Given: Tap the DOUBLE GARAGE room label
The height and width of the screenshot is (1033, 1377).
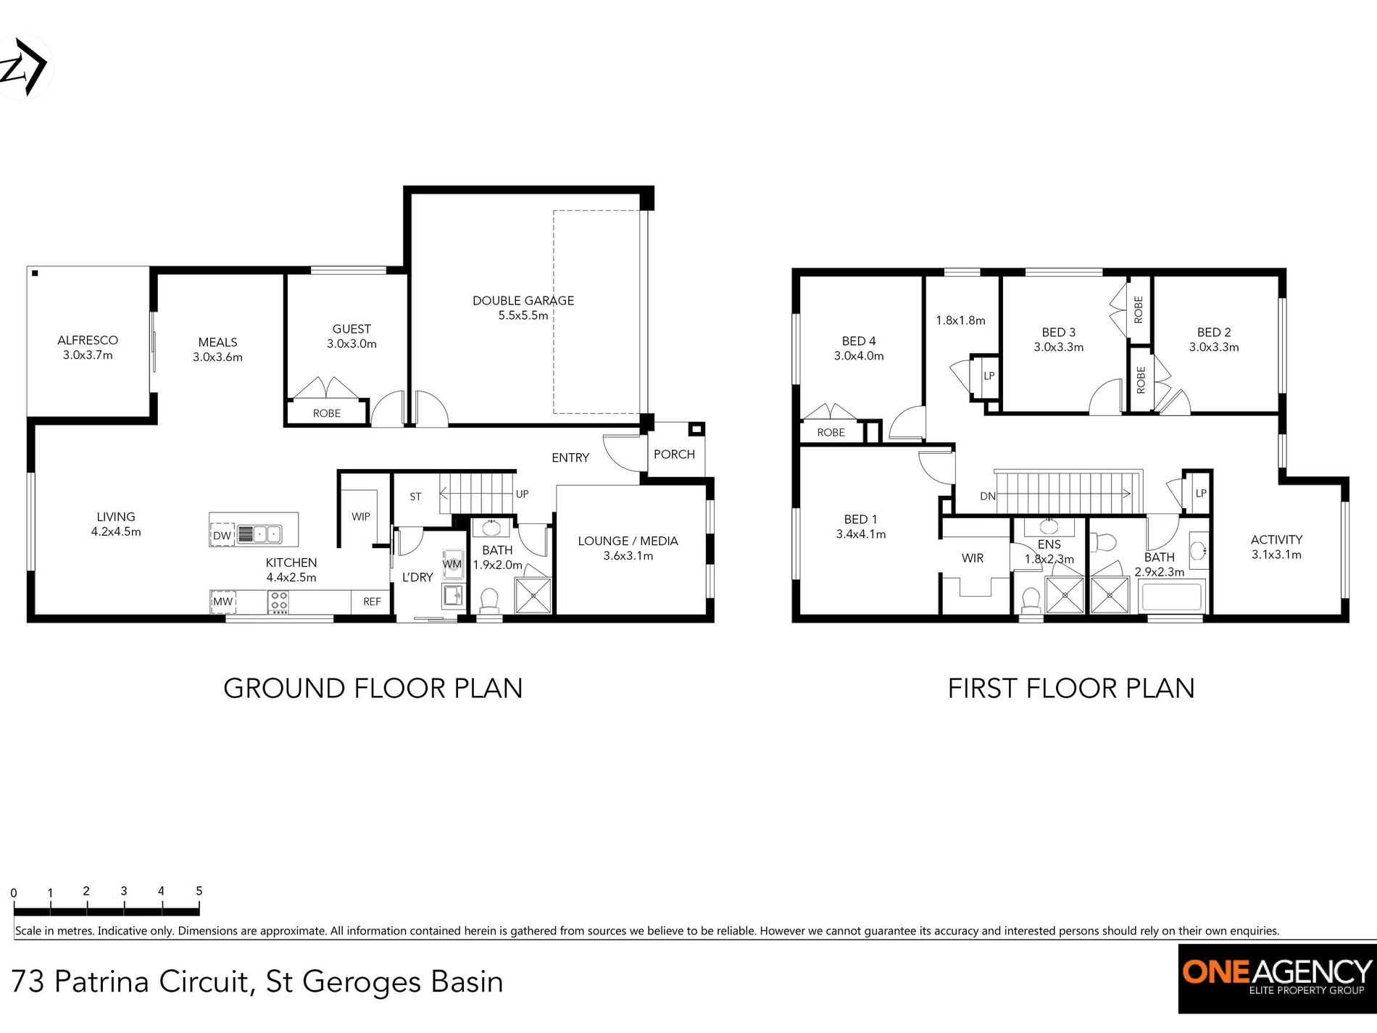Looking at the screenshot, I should pos(523,301).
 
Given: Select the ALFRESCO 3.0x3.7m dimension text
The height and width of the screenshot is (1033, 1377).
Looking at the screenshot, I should pos(88,355).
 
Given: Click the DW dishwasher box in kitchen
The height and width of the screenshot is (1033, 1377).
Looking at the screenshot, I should pos(222,536).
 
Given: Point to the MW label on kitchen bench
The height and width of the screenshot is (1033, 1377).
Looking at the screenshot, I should pos(223,602).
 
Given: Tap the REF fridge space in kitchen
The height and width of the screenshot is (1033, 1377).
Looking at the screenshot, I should pos(372,602).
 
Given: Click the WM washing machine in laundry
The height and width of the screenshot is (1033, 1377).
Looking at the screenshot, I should pos(452,564).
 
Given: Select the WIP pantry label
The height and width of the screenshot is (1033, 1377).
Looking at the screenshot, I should pos(360,517).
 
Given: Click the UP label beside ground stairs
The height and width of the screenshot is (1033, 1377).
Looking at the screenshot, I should pos(522,494).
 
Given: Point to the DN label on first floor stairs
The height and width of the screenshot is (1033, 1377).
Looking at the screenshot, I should pos(987,497).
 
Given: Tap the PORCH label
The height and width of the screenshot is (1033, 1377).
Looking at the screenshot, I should pos(674,455).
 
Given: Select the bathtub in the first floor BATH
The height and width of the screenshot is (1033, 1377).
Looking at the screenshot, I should pos(1172,598).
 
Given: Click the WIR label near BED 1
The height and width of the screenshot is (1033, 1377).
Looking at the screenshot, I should pos(972,558).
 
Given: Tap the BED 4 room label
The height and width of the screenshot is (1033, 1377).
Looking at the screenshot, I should pos(859,341).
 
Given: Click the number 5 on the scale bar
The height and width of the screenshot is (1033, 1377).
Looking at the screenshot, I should pos(199,891).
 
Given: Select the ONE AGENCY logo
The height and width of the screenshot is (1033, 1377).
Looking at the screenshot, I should pos(1277,978).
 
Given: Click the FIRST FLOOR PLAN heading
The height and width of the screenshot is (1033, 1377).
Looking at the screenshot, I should pos(1070,689).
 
